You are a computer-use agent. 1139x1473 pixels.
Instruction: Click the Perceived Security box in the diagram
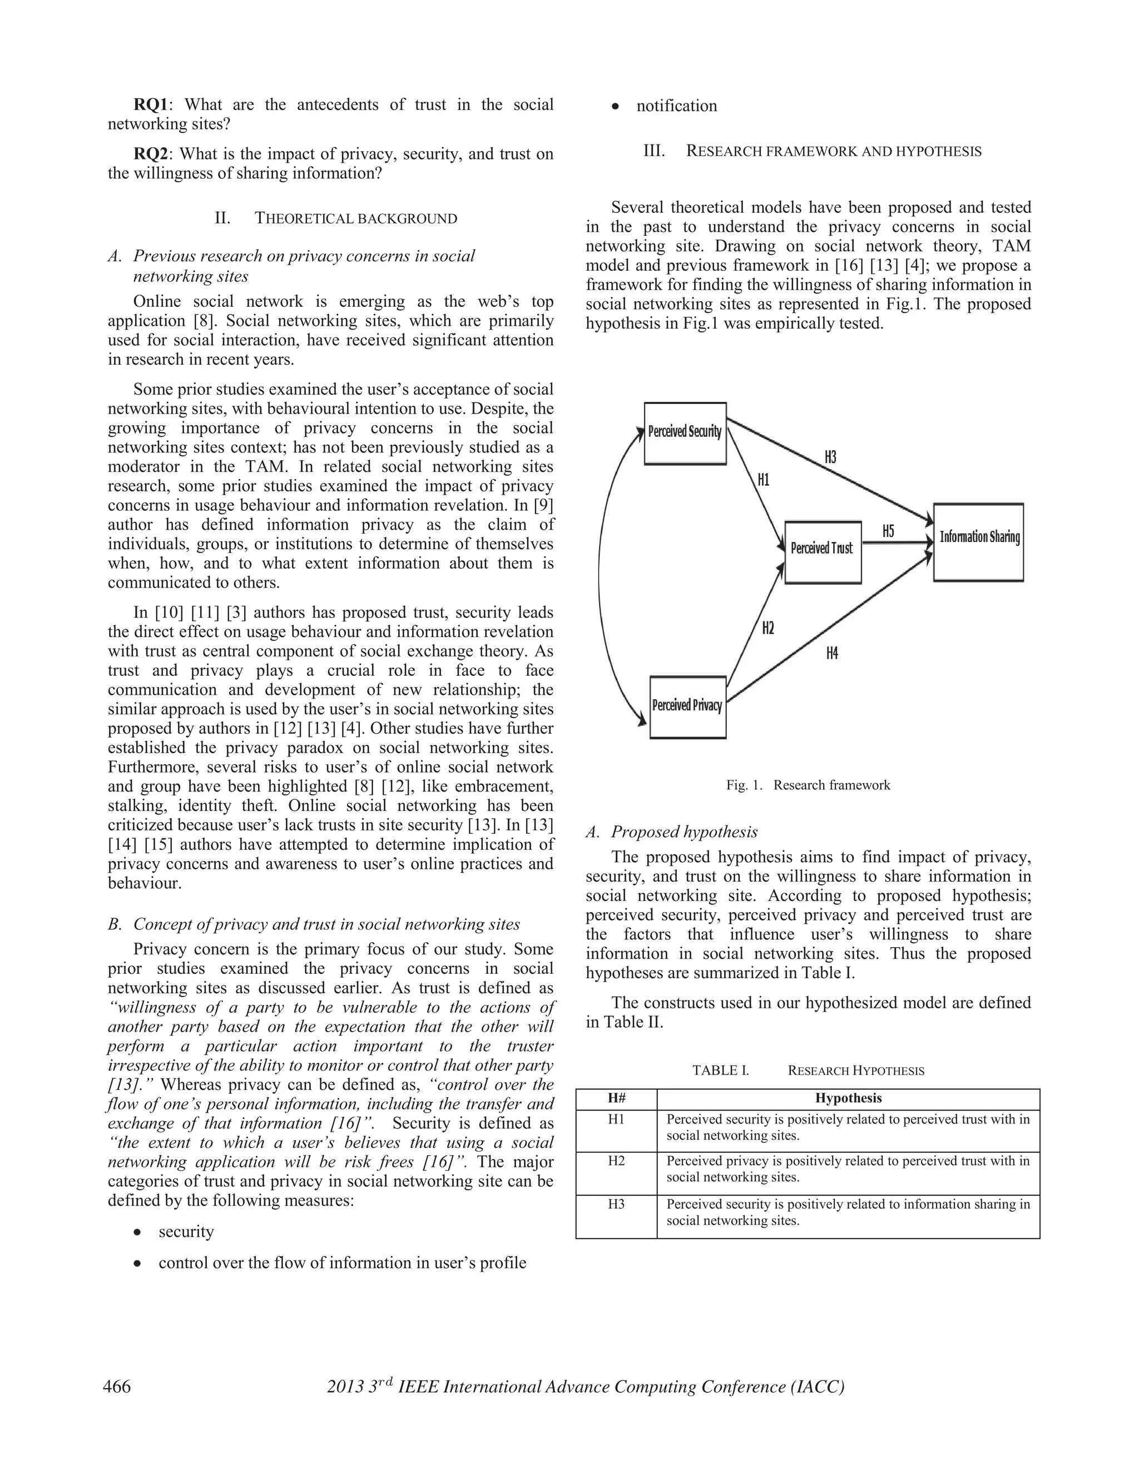pos(685,433)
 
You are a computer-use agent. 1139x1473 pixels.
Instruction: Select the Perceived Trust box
pos(822,552)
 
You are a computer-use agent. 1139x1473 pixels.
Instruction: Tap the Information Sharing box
pos(978,541)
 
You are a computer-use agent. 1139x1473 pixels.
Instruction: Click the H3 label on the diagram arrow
pos(830,457)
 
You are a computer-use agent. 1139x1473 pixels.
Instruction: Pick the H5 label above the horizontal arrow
pos(888,531)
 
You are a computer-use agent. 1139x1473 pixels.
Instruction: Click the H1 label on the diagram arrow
pos(763,480)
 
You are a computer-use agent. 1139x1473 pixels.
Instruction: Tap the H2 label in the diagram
pos(768,629)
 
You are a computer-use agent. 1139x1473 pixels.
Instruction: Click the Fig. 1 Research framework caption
pos(808,785)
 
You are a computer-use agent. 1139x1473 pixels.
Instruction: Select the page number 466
pos(117,1387)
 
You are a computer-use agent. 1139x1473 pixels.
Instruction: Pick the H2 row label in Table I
pos(616,1161)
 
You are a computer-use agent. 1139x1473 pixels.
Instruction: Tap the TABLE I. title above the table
pos(721,1071)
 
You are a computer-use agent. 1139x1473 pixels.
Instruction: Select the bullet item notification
pos(676,106)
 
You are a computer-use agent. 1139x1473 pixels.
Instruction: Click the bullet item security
pos(186,1232)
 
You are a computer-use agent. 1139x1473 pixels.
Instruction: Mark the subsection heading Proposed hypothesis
pos(684,832)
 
